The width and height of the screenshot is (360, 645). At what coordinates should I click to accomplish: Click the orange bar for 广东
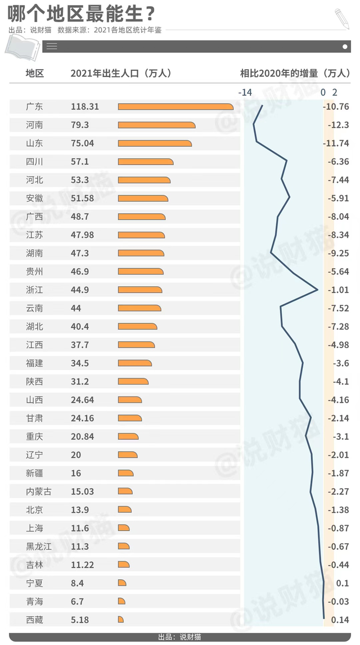tap(175, 107)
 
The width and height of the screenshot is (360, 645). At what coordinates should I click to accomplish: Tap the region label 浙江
tap(34, 290)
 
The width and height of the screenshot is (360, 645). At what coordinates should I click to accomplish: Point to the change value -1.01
tap(338, 290)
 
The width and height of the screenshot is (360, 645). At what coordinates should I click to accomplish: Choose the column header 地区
tap(34, 73)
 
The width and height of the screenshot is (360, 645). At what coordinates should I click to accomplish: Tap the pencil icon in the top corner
tap(341, 19)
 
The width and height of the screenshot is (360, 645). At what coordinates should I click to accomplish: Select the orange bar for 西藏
tap(120, 620)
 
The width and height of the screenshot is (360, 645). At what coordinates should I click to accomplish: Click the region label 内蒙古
tap(39, 491)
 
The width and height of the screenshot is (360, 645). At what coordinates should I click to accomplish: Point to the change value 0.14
tap(340, 620)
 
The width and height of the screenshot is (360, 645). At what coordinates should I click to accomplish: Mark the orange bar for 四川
tap(145, 162)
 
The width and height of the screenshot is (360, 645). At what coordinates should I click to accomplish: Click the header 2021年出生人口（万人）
tap(121, 73)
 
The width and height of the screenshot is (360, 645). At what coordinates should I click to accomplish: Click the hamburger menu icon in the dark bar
tap(52, 47)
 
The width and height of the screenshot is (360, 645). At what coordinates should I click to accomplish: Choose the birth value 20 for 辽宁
tap(76, 455)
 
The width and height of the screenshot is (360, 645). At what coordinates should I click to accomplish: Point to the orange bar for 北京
tap(124, 509)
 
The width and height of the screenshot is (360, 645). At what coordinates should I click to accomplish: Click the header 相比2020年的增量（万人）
tap(294, 73)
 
